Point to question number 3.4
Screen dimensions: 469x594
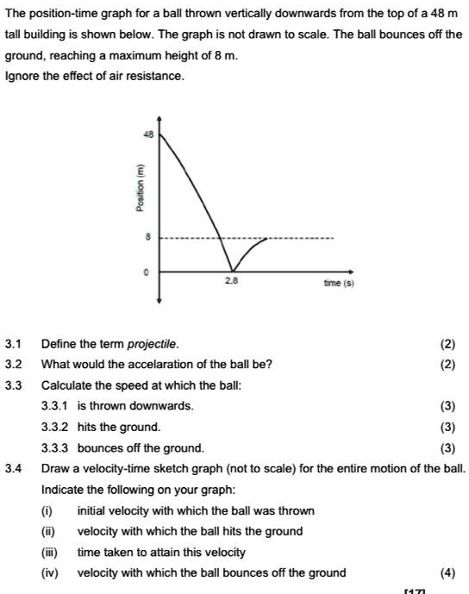(x=13, y=469)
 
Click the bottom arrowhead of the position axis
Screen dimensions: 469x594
(x=159, y=301)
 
